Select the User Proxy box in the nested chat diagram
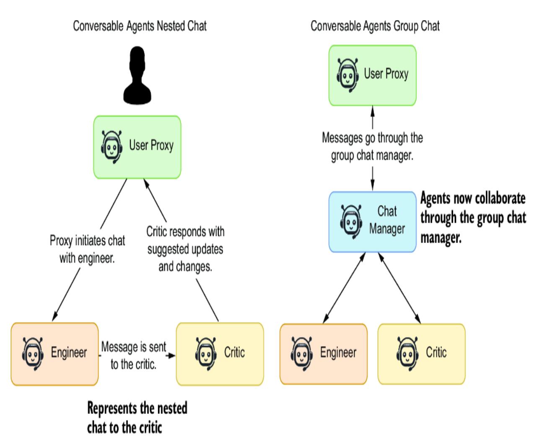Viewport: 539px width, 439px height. coord(137,147)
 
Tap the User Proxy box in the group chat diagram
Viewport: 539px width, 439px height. coord(372,75)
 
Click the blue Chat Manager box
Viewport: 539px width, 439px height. coord(372,222)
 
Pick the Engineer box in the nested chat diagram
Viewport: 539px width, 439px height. coord(54,354)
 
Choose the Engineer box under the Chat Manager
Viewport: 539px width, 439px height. coord(323,354)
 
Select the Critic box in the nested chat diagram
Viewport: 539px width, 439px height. coord(220,354)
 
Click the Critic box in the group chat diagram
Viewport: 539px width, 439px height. coord(421,354)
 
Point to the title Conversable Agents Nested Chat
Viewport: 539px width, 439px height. coord(140,26)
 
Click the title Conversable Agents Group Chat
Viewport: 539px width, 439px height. coord(375,26)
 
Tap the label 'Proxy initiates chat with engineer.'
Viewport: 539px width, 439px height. coord(87,250)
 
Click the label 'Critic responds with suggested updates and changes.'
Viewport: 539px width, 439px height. coord(185,249)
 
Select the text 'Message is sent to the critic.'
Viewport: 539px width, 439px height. coord(134,356)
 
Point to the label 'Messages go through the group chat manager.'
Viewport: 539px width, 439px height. coord(372,147)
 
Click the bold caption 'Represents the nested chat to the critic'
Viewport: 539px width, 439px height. coord(137,418)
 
